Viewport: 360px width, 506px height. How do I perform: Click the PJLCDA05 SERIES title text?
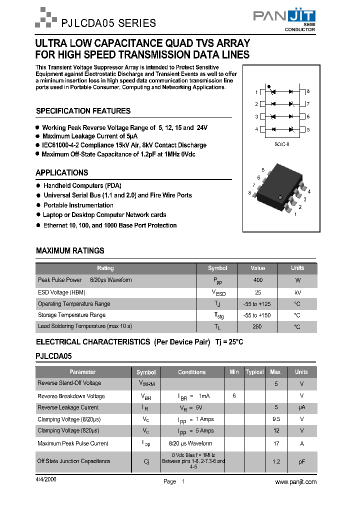tap(108, 23)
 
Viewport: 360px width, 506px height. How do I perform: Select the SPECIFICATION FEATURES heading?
tap(83, 111)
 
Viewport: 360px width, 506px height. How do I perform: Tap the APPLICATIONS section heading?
tap(61, 172)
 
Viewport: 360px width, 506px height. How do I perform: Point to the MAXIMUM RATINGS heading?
tap(70, 250)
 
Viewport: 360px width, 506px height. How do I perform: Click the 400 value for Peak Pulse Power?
tap(257, 280)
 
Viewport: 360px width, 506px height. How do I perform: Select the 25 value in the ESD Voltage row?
tap(257, 292)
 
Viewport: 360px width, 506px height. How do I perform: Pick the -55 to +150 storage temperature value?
tap(257, 315)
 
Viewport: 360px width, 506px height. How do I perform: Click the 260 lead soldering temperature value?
tap(257, 327)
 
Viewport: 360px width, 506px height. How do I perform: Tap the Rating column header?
tap(105, 268)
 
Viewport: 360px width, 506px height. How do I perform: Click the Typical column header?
tap(254, 372)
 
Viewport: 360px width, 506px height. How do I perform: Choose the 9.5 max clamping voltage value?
tap(275, 419)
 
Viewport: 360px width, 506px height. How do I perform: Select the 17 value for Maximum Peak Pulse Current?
tap(275, 443)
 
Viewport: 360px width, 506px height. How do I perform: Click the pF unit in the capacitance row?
tap(301, 461)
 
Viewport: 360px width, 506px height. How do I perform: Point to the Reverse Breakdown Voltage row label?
tap(71, 396)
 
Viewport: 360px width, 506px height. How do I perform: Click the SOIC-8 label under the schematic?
tap(281, 144)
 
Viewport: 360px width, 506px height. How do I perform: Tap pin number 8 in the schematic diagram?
tap(308, 91)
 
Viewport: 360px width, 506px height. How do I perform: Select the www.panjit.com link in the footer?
tap(296, 481)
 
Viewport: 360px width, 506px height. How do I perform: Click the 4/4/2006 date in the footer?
tap(46, 478)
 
